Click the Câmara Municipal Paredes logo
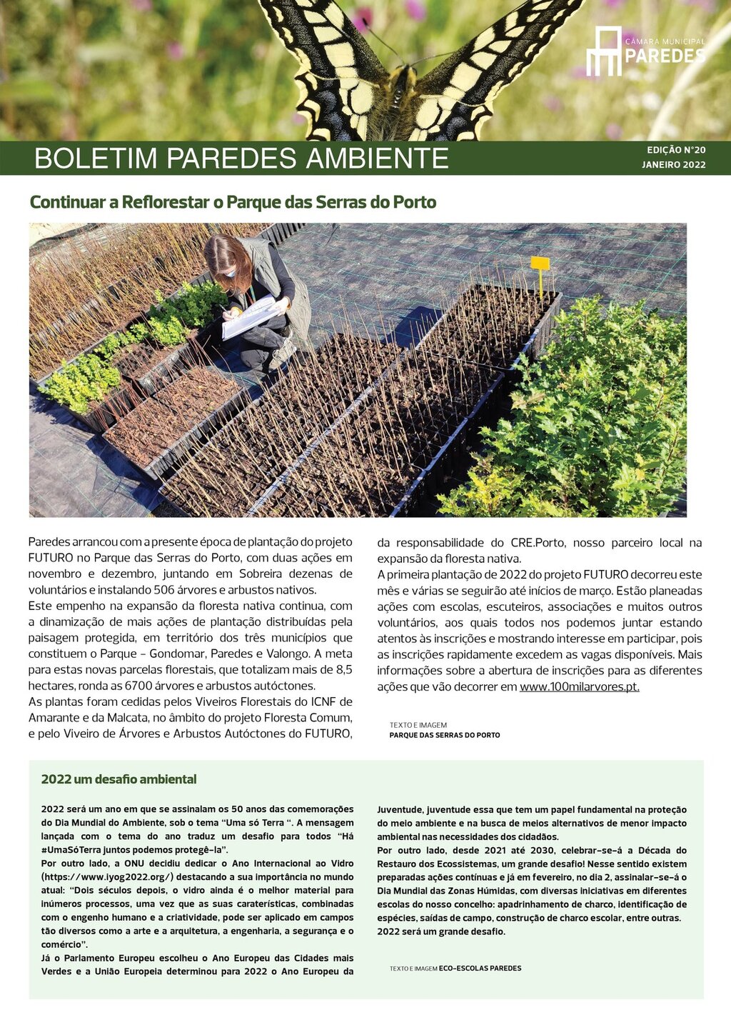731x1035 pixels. click(x=645, y=51)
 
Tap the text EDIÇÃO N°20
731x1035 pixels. click(x=676, y=150)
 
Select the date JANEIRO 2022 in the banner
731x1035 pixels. click(x=673, y=165)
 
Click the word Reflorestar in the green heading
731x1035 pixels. click(x=165, y=202)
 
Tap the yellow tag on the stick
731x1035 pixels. click(x=540, y=264)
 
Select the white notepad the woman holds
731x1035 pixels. click(x=250, y=317)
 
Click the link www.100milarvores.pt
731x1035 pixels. click(x=579, y=687)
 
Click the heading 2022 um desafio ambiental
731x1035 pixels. click(x=119, y=779)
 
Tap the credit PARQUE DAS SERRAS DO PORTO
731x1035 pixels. click(x=444, y=735)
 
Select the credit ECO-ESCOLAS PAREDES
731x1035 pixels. click(x=480, y=969)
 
